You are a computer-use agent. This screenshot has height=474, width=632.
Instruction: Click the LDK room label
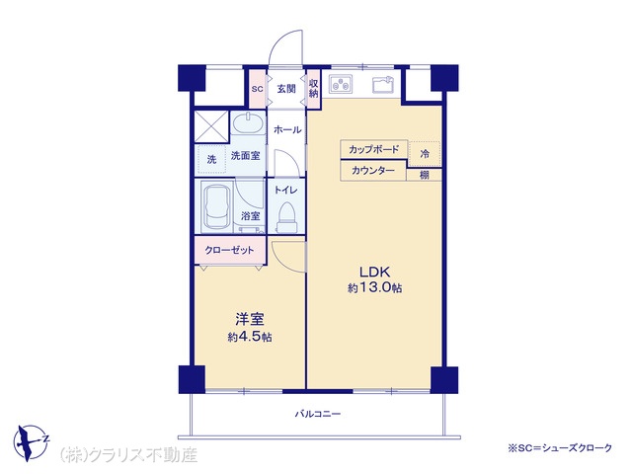click(x=375, y=272)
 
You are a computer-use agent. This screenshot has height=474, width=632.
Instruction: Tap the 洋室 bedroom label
click(x=250, y=319)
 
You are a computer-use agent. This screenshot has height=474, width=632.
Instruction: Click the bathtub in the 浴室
click(x=216, y=207)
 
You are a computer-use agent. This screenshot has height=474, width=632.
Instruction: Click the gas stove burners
click(x=341, y=84)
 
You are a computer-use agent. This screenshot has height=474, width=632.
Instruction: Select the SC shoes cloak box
click(x=257, y=89)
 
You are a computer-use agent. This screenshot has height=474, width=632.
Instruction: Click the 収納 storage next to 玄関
click(x=314, y=89)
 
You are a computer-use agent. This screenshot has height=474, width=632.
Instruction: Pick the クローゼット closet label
click(x=230, y=250)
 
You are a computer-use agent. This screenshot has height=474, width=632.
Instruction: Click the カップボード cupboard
click(x=373, y=149)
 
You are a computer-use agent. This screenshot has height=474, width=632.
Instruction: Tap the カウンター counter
click(x=373, y=171)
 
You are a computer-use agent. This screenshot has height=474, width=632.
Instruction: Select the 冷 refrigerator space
click(x=425, y=154)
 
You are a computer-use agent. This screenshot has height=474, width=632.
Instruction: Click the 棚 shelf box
click(x=424, y=175)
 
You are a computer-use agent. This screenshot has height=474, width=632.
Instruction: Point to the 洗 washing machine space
click(x=211, y=159)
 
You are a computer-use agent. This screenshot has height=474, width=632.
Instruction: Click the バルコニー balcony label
click(x=318, y=414)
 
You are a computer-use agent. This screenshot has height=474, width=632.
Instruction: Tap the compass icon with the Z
click(x=31, y=442)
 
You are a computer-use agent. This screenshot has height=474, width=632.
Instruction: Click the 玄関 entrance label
click(x=286, y=89)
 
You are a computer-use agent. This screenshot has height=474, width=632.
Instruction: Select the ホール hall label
click(x=287, y=129)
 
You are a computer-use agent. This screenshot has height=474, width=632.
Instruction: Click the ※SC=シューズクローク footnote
click(x=560, y=447)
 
